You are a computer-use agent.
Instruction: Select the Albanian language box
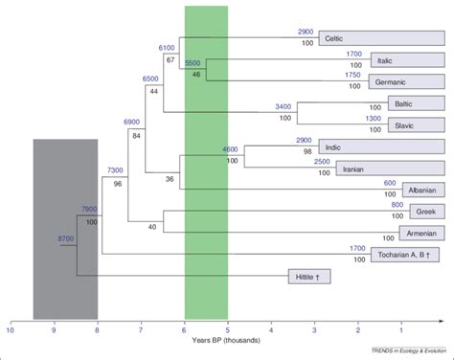tap(421, 190)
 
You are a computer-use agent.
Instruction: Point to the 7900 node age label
tap(89, 208)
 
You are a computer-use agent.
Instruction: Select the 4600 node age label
tap(230, 150)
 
